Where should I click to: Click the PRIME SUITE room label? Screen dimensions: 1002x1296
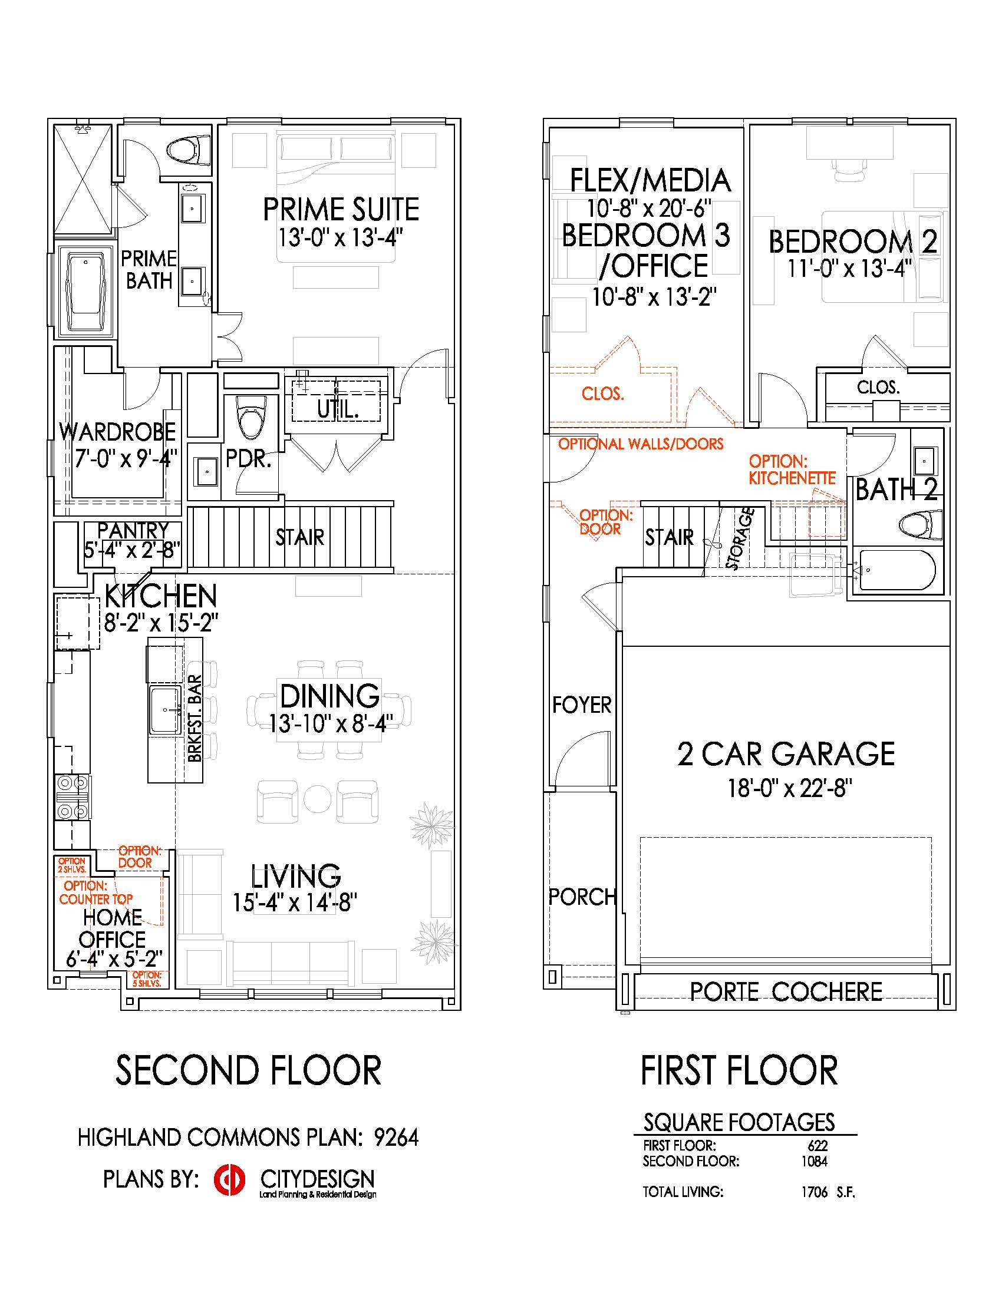tap(341, 210)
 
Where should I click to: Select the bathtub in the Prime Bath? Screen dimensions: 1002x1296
tap(86, 292)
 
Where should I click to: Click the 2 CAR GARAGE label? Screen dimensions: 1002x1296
tap(786, 754)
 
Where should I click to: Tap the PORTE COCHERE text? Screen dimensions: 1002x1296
tap(786, 991)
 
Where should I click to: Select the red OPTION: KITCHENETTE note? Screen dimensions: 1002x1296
tap(792, 470)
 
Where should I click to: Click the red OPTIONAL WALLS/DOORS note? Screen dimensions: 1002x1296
tap(641, 444)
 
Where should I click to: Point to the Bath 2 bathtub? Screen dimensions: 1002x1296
tap(896, 570)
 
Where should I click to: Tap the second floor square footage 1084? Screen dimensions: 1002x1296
tap(814, 1161)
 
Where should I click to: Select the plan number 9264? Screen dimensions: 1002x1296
tap(396, 1138)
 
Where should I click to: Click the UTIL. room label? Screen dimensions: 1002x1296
tap(338, 409)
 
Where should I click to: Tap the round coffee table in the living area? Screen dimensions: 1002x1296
tap(318, 800)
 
